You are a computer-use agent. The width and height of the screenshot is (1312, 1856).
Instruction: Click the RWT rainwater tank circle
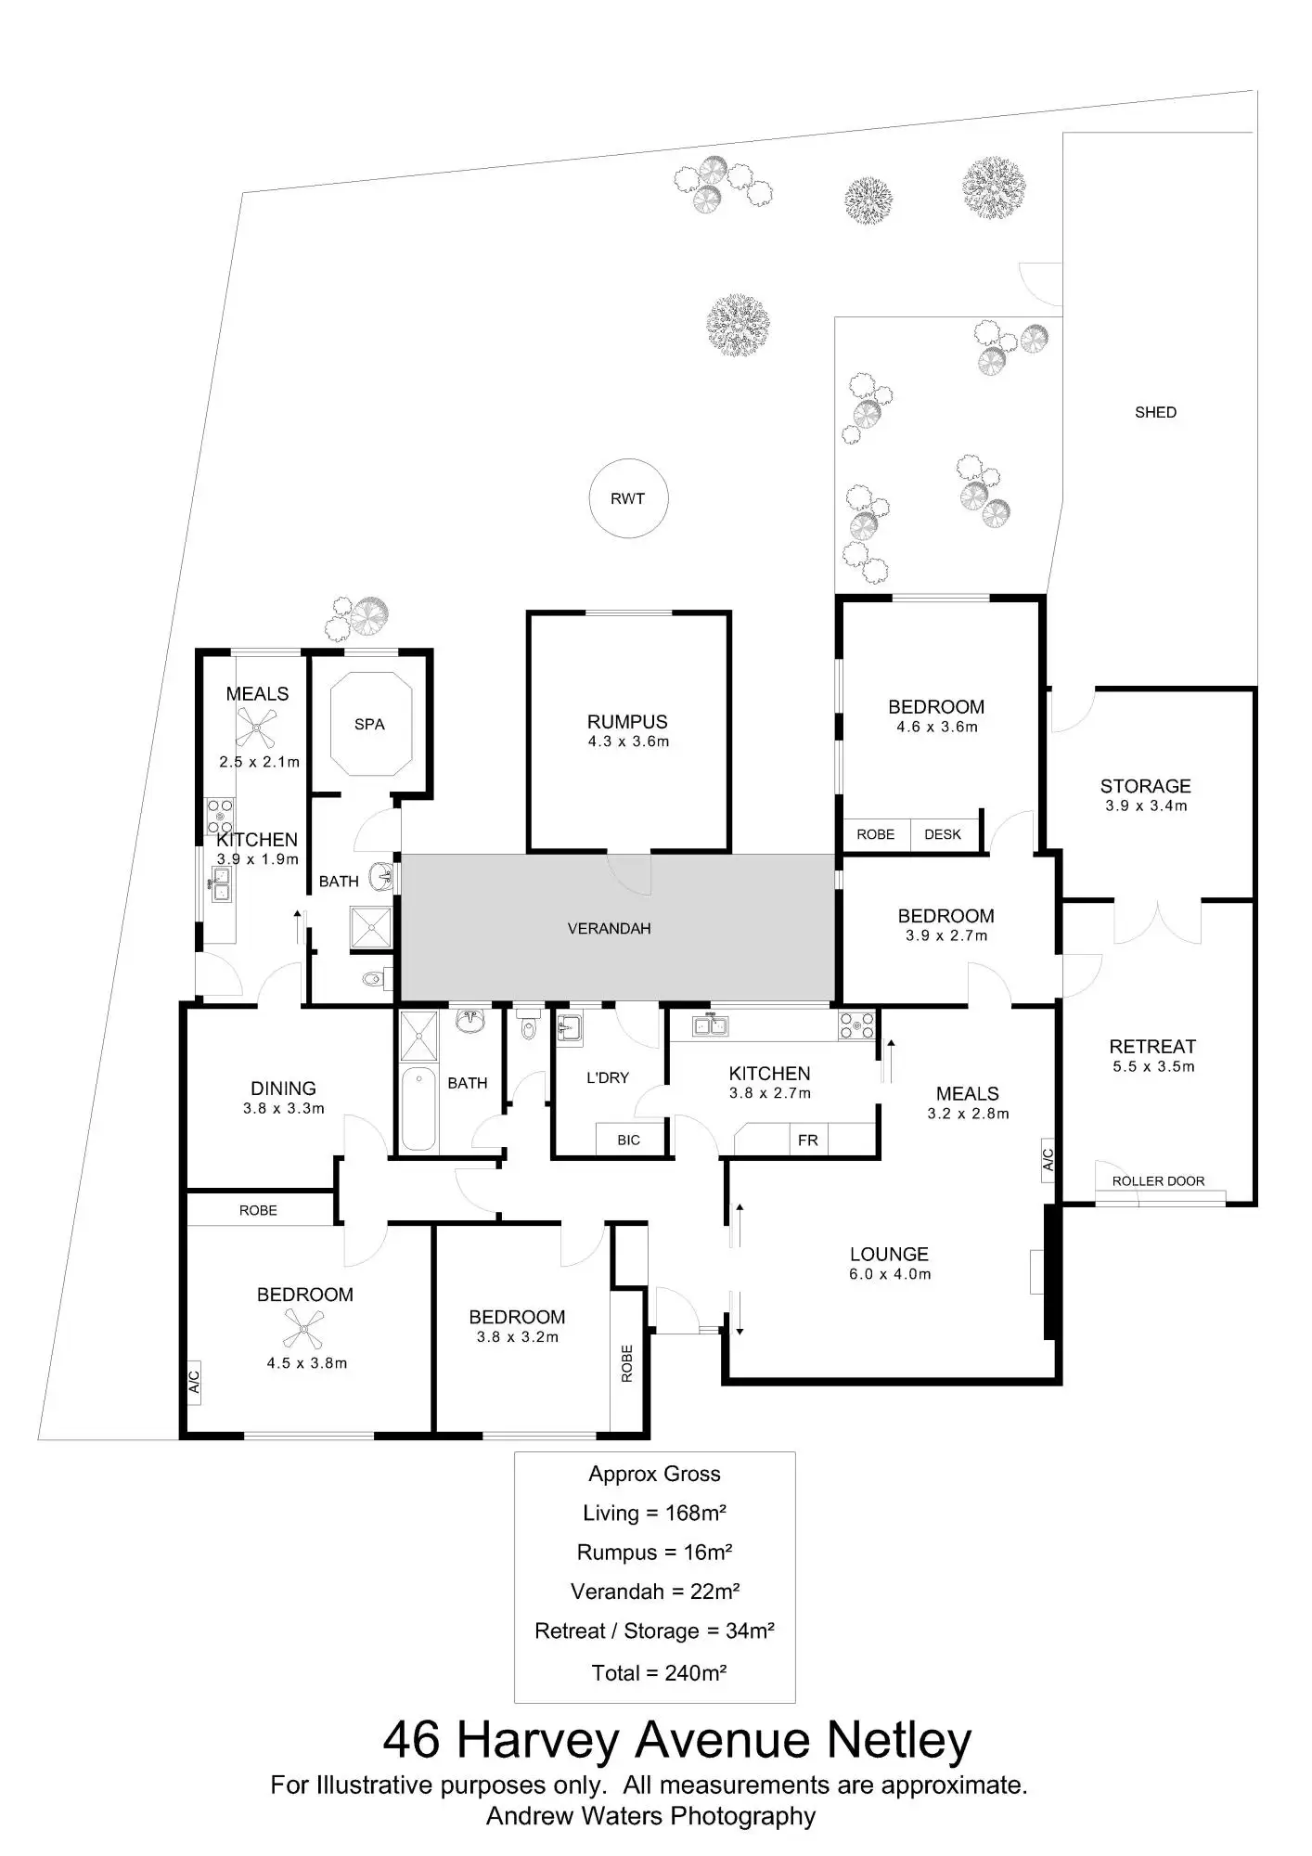[628, 498]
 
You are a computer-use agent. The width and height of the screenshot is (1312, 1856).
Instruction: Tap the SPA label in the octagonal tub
[369, 724]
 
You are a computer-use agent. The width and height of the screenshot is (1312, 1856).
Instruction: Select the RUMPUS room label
[627, 721]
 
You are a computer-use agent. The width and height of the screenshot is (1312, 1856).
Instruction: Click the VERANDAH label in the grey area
[609, 928]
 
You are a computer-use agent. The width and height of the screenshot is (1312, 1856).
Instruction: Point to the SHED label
[1155, 412]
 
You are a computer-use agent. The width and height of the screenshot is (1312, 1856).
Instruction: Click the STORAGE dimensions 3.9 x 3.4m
[1146, 806]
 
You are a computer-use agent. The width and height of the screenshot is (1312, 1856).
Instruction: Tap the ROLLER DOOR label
[1158, 1180]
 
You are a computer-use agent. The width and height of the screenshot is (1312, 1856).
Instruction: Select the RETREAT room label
[1152, 1046]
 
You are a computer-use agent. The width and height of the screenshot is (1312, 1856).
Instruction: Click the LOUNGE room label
[889, 1254]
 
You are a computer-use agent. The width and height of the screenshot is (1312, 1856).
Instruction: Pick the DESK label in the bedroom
[943, 834]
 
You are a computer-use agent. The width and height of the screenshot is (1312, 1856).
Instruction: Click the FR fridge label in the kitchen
[807, 1140]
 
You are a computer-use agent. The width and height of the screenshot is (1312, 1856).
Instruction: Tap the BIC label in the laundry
[628, 1140]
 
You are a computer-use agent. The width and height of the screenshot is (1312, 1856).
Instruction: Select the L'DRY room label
[608, 1077]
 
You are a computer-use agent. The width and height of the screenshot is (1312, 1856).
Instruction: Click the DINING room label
[283, 1088]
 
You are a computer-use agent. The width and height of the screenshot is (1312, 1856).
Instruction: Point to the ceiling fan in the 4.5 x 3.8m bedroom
[303, 1328]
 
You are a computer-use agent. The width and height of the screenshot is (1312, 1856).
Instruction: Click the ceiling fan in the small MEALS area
[255, 728]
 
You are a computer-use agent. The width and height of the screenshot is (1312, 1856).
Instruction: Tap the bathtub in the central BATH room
[418, 1109]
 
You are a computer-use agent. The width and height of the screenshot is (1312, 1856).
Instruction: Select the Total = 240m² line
[659, 1672]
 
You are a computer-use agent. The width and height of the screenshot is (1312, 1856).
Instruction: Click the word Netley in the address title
[898, 1740]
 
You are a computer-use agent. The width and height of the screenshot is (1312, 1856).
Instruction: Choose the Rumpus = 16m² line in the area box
[654, 1552]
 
